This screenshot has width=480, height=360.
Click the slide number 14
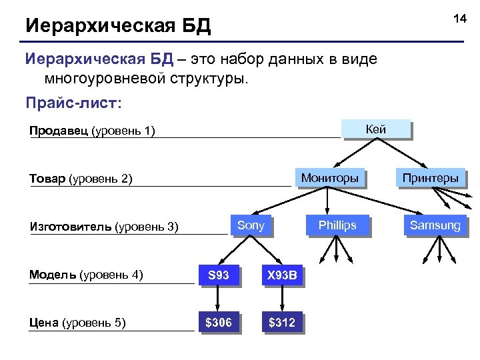[460, 19]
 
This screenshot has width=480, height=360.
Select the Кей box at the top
[376, 129]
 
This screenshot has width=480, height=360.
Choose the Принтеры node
[430, 178]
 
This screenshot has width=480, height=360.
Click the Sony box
[251, 225]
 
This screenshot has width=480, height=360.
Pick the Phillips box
[337, 225]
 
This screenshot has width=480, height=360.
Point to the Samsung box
[435, 225]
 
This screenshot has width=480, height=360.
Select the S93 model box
[218, 275]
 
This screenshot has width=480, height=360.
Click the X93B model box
[282, 275]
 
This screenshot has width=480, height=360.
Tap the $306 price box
[218, 323]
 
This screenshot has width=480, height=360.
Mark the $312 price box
[282, 323]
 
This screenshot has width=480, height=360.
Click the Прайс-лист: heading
[73, 104]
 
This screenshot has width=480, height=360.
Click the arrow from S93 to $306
[218, 299]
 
